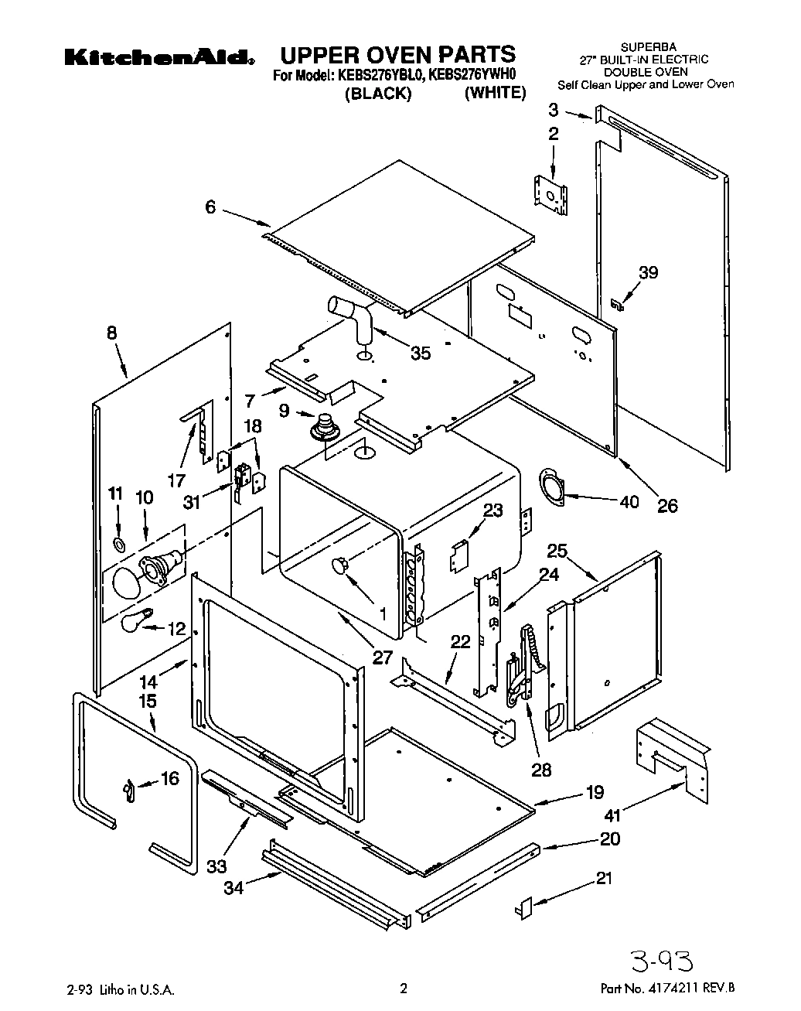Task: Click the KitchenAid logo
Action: coord(159,58)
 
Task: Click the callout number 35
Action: coord(421,354)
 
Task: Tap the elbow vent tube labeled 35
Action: coord(353,318)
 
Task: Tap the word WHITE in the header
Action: coord(495,93)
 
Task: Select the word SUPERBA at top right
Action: coord(645,47)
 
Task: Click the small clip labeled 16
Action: coord(128,791)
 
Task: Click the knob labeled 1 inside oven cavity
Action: coord(340,565)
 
